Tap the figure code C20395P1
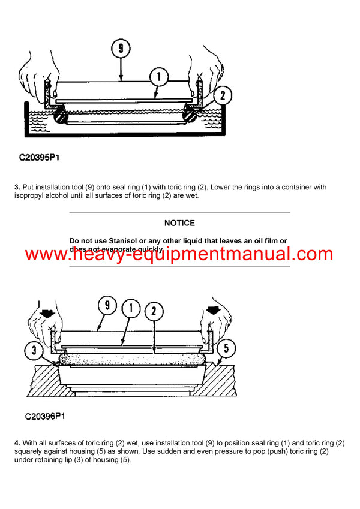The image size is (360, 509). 39,158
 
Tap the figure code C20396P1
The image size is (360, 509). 45,415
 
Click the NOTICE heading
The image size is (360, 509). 179,223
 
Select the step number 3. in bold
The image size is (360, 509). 17,188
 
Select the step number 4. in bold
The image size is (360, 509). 17,443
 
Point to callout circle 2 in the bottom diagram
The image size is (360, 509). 154,312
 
